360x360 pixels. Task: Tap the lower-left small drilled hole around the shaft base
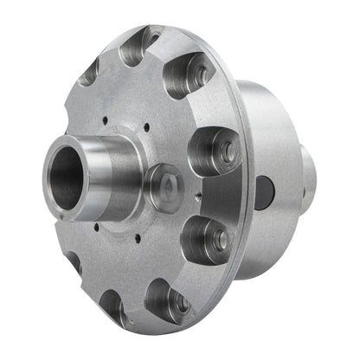point(97,227)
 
